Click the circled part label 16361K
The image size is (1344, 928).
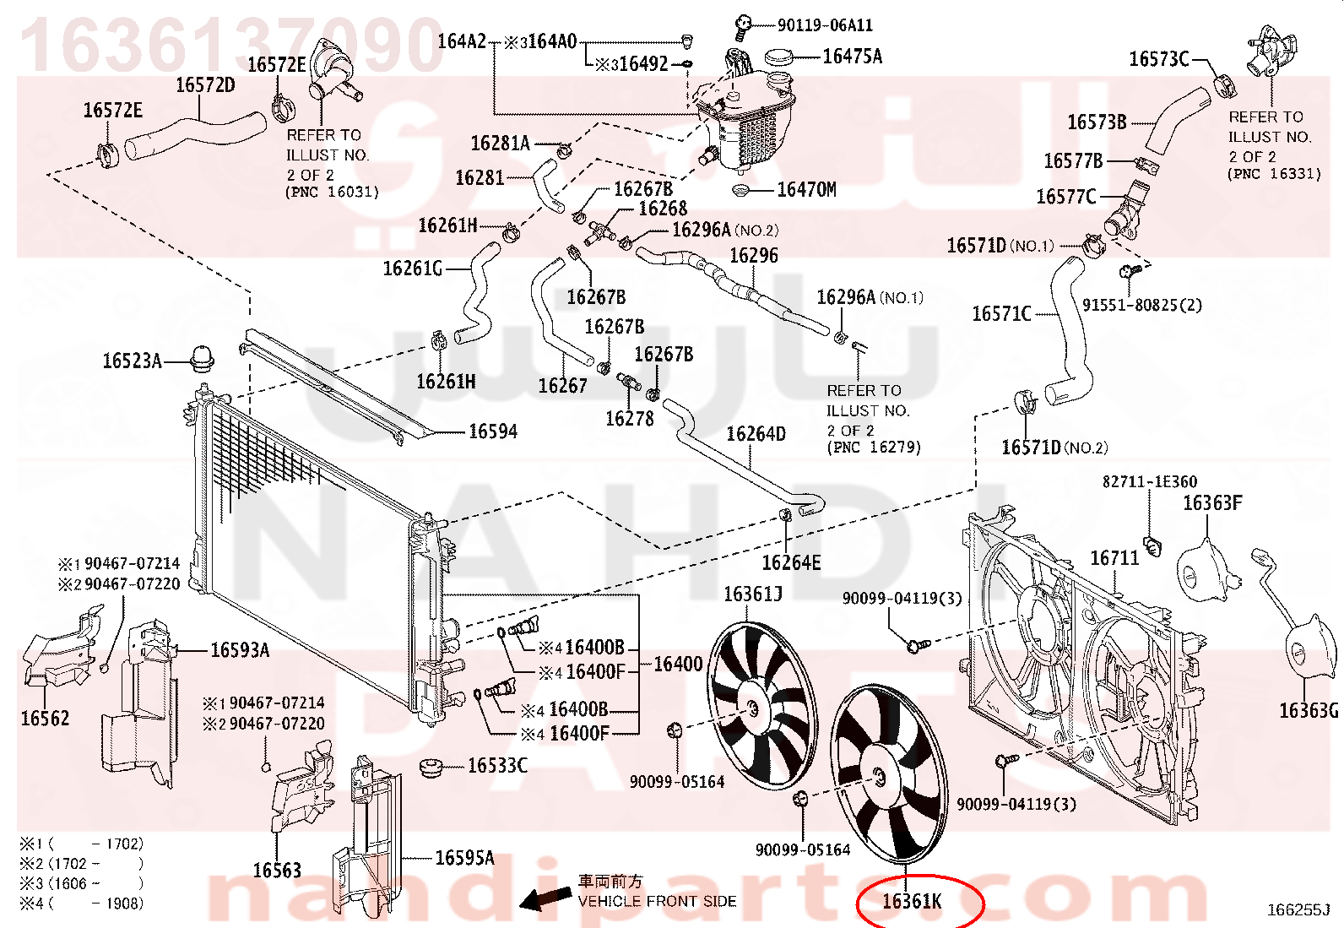point(912,901)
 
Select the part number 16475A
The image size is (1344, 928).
point(852,57)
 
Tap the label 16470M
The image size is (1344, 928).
point(806,190)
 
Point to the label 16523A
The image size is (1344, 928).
point(132,361)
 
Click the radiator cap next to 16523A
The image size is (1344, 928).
point(202,358)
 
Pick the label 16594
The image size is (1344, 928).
point(492,431)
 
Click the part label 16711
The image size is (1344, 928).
point(1114,558)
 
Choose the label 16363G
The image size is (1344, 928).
point(1309,711)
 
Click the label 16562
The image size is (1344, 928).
point(45,719)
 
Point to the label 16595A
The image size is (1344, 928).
point(464,858)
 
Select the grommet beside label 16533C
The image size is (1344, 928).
point(431,768)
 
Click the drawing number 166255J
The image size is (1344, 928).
point(1298,910)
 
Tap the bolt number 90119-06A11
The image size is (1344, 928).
point(825,25)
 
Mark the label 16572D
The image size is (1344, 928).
point(205,85)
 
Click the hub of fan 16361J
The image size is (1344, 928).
point(751,708)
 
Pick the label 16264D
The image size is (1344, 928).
point(756,433)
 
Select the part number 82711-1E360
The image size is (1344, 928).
point(1150,481)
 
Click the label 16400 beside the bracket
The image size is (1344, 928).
point(677,664)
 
